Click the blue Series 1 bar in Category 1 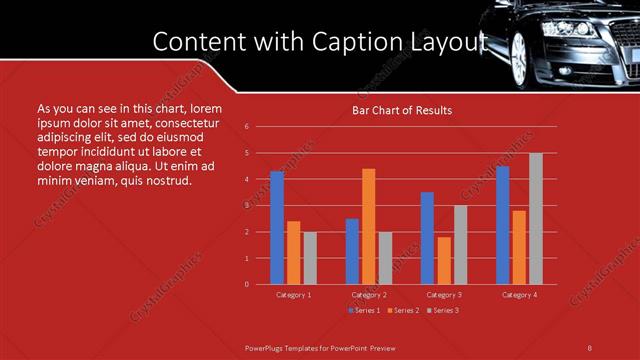(x=277, y=228)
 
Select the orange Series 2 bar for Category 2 (x=369, y=226)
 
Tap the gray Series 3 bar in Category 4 (x=536, y=218)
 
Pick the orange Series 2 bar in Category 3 (x=444, y=260)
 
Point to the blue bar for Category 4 (x=502, y=225)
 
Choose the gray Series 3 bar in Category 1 (x=310, y=258)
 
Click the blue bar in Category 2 (x=352, y=251)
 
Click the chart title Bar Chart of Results (x=402, y=110)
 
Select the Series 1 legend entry (x=363, y=310)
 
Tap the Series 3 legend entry (x=443, y=310)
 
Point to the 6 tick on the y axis (x=246, y=127)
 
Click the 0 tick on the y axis (x=246, y=284)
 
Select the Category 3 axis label (x=444, y=295)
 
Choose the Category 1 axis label (x=294, y=295)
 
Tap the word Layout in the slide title (x=450, y=42)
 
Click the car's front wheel (x=518, y=58)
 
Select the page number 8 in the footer (x=590, y=347)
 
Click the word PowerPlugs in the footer (x=265, y=347)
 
